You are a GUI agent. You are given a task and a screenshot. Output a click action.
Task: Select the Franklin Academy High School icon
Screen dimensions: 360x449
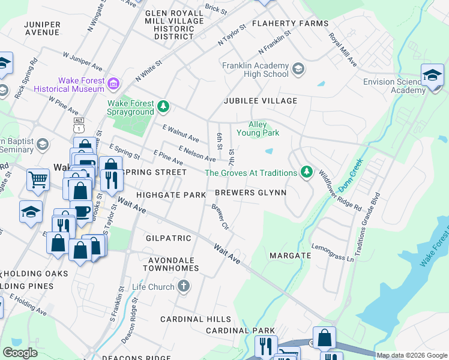point(298,70)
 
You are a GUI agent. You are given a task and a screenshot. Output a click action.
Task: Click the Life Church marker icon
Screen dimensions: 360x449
point(184,287)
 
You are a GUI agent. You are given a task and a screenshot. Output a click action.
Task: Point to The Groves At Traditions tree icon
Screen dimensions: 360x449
point(307,173)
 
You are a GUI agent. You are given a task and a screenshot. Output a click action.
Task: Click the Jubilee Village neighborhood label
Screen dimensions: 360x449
point(261,101)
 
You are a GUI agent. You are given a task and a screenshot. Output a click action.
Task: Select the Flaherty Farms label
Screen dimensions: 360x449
point(290,23)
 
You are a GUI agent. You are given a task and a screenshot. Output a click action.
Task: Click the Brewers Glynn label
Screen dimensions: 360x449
point(250,193)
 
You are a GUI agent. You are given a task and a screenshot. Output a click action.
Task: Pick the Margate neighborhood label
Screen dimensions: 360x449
point(290,256)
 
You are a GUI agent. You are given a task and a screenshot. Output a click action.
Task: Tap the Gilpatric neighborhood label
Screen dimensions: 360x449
point(168,238)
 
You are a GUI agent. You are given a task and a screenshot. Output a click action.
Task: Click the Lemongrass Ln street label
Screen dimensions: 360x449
point(333,253)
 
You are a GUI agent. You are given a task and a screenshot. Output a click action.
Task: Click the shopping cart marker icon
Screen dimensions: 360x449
point(38,179)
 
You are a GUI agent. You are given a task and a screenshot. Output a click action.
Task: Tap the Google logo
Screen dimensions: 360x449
point(20,353)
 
